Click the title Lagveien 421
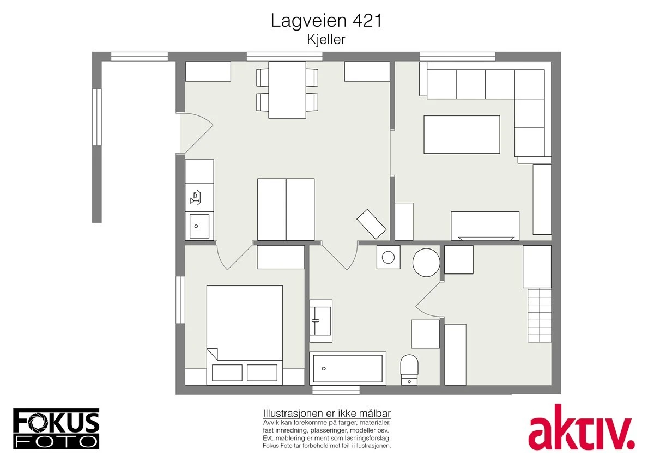tap(326, 21)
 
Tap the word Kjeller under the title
tap(326, 40)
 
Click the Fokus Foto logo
tap(56, 428)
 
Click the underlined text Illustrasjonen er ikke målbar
tap(326, 413)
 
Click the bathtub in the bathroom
tap(348, 368)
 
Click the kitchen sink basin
tap(199, 226)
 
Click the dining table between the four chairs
tap(287, 89)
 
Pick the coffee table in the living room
tap(462, 134)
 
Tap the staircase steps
tap(540, 315)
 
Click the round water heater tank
tap(426, 262)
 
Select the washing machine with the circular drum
tap(388, 257)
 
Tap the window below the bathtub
tap(336, 390)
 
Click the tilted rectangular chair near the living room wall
tap(371, 223)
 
